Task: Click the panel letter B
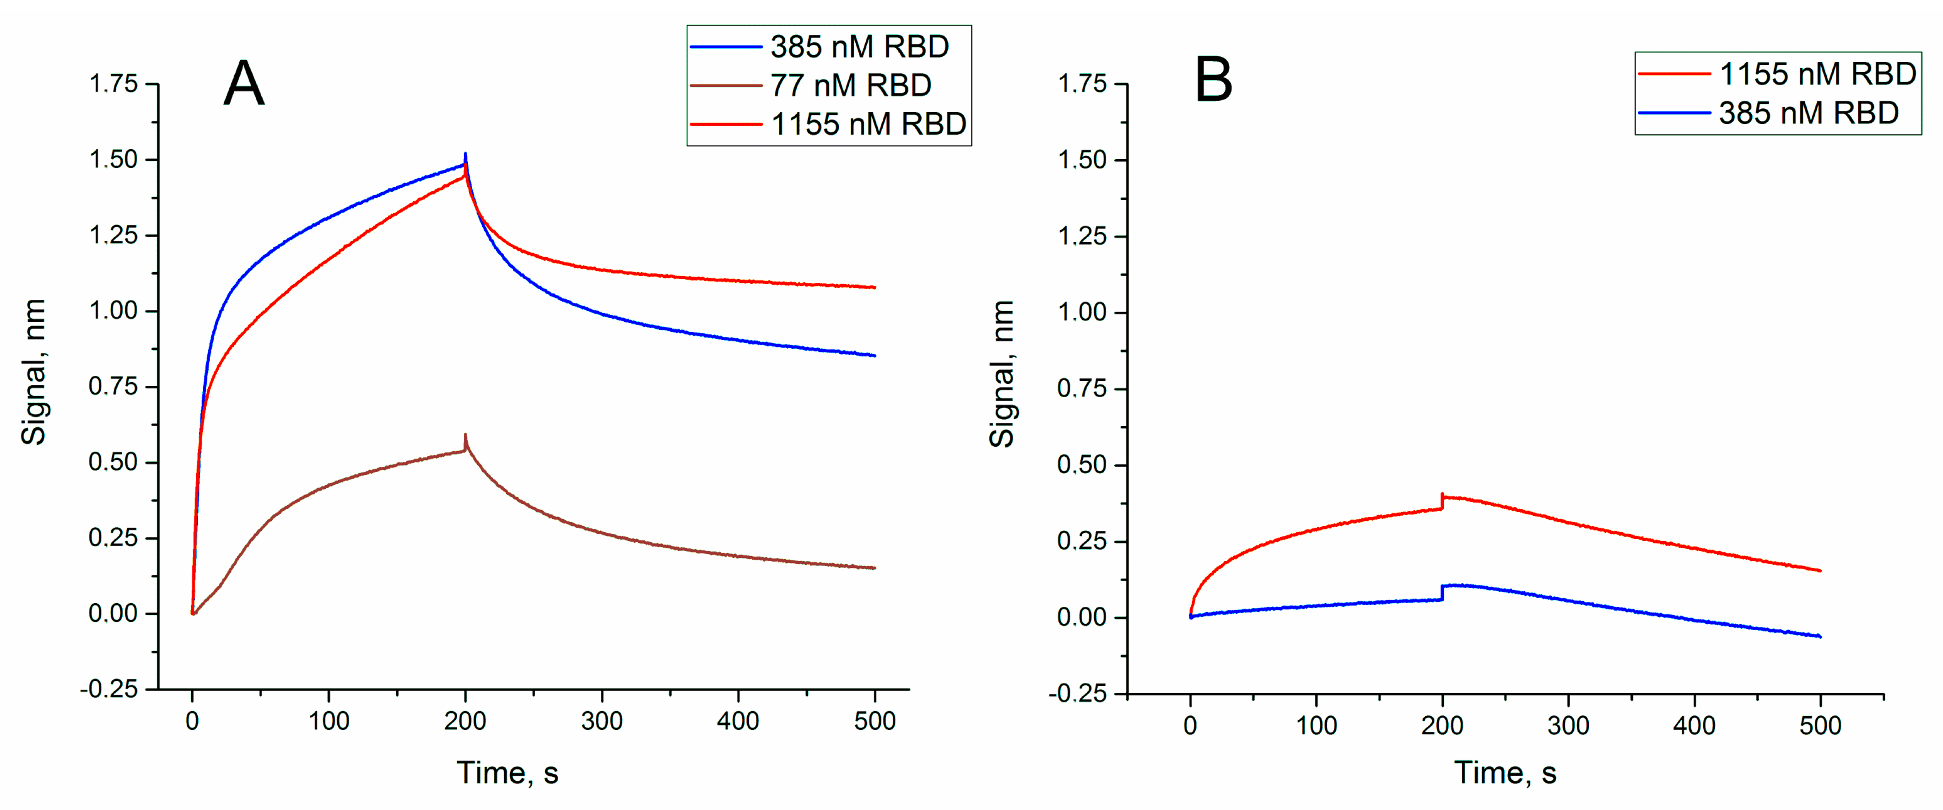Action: pyautogui.click(x=1214, y=80)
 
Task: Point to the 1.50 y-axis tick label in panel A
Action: pyautogui.click(x=113, y=160)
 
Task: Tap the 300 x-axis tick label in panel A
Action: pyautogui.click(x=601, y=721)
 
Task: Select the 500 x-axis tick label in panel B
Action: pyautogui.click(x=1820, y=725)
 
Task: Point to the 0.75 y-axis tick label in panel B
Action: pyautogui.click(x=1081, y=389)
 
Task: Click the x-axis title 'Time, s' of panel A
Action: pyautogui.click(x=507, y=773)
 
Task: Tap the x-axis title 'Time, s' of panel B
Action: pyautogui.click(x=1505, y=773)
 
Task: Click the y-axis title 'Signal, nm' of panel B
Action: pyautogui.click(x=1002, y=374)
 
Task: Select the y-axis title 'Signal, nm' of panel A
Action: pyautogui.click(x=34, y=372)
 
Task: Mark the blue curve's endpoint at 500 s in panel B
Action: pyautogui.click(x=1819, y=637)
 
